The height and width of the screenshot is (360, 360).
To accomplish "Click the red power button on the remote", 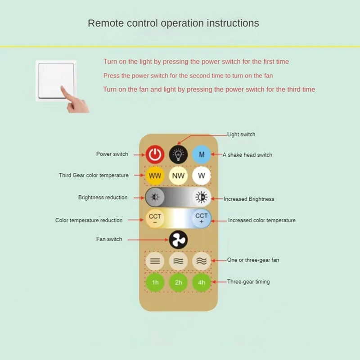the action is (155, 154).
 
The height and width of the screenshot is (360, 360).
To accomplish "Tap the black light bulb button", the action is (178, 154).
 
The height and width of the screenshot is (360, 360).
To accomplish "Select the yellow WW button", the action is (155, 175).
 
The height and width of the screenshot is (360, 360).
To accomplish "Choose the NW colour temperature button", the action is (178, 175).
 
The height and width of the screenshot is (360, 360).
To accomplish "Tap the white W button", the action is (201, 175).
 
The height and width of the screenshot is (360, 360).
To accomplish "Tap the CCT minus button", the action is (155, 219).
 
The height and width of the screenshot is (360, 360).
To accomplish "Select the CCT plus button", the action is (201, 219).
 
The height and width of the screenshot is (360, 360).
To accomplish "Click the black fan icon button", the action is (178, 240).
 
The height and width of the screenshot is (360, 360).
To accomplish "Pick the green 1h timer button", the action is (155, 283).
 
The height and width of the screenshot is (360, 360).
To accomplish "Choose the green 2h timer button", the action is (178, 283).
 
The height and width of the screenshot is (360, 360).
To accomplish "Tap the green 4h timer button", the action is (201, 283).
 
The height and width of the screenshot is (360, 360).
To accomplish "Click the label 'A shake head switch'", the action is (247, 155).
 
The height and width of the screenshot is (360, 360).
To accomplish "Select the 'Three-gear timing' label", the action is (248, 282).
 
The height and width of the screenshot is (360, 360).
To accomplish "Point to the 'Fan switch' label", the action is (109, 239).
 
